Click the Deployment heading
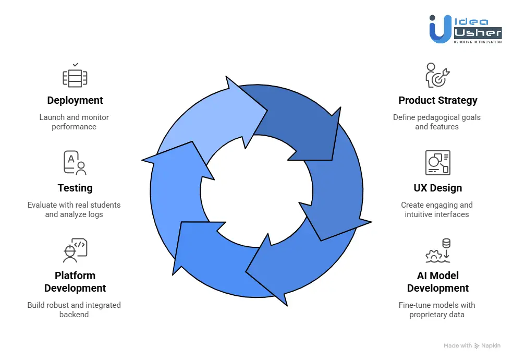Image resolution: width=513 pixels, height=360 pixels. click(75, 100)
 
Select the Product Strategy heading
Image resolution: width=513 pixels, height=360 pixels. click(437, 100)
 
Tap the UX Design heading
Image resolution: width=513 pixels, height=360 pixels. click(437, 188)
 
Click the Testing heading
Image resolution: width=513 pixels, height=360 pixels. click(75, 188)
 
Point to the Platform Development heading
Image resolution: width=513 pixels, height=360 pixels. click(75, 282)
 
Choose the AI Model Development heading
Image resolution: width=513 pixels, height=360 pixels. click(437, 282)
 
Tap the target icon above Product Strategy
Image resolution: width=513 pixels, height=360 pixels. click(437, 76)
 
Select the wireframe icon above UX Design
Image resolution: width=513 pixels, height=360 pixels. click(437, 163)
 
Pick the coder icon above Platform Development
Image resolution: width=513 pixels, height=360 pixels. click(75, 250)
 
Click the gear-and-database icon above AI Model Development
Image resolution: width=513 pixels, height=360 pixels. click(437, 250)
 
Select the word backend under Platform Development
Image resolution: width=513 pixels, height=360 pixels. click(74, 315)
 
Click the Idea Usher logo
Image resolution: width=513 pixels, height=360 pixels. click(465, 29)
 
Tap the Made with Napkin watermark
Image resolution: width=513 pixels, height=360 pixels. click(472, 346)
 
